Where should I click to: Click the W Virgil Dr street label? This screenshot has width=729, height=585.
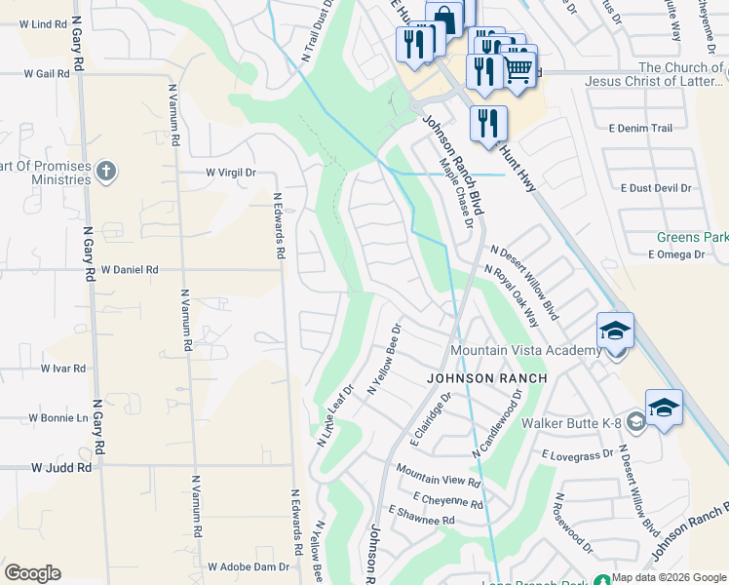230,173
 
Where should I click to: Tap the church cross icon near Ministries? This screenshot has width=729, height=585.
106,173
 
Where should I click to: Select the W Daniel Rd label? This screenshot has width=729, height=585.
129,269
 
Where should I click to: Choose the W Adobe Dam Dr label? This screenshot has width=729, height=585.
249,566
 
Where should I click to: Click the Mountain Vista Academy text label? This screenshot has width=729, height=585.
524,351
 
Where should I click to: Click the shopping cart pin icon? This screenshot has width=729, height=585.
518,67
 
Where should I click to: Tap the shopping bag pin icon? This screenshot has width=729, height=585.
443,19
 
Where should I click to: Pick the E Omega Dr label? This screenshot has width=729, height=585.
675,254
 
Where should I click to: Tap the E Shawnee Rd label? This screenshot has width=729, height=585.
421,516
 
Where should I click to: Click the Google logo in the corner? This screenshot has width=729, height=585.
32,573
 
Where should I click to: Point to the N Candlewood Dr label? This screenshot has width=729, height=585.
498,423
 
